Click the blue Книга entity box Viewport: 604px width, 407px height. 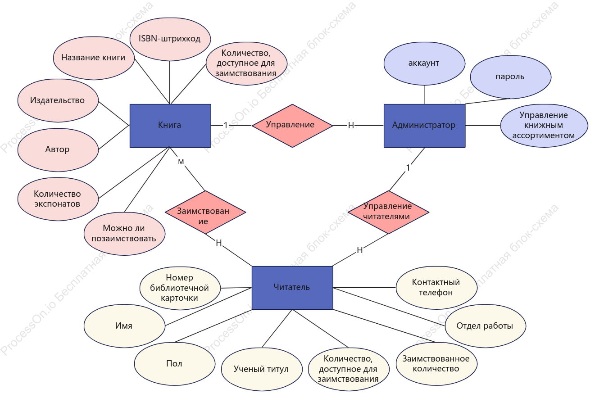coord(170,126)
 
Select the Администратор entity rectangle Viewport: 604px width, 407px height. coord(425,126)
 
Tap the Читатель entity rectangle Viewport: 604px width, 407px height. coord(293,288)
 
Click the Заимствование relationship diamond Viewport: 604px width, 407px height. coord(205,213)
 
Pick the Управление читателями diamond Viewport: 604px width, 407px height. coord(389,213)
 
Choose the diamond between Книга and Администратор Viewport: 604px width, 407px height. coord(293,126)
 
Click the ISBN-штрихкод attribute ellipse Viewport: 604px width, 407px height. coord(170,39)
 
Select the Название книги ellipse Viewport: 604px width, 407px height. coord(94,58)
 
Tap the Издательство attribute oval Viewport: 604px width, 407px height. coord(58,100)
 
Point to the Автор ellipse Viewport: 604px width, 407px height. coord(58,150)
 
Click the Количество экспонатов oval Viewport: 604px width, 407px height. coord(58,199)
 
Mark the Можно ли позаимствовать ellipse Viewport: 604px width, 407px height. coord(125,234)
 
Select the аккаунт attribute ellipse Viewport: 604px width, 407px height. coord(424,63)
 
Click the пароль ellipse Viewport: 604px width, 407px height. coord(511,77)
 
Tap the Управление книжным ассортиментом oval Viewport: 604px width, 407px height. coord(544,126)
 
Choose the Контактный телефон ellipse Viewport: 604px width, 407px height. coord(436,288)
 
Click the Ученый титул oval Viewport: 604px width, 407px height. coord(262,369)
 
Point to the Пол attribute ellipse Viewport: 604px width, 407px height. coord(175,364)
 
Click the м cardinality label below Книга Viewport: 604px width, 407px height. coord(181,162)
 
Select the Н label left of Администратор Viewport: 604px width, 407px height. coord(351,125)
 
